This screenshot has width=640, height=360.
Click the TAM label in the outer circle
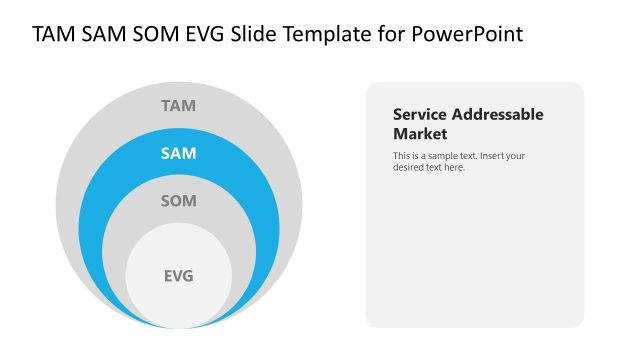click(x=178, y=105)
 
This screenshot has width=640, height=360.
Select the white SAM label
click(x=178, y=153)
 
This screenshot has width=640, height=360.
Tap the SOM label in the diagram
click(x=178, y=201)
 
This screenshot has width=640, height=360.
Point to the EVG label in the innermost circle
click(x=178, y=276)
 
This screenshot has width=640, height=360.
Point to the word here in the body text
click(x=454, y=167)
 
